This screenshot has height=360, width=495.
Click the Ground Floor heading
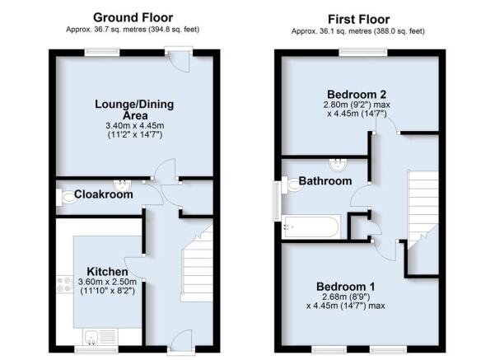133,17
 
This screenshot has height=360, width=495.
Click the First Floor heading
358,19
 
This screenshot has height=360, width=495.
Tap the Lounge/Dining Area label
134,110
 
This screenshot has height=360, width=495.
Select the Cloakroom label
104,194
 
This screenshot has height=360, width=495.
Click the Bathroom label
325,181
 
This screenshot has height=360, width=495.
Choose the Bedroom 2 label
357,95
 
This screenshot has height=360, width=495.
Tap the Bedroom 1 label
346,287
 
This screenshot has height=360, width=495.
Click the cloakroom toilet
65,198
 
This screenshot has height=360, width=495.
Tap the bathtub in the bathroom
311,227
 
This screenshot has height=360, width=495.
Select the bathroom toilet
293,185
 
